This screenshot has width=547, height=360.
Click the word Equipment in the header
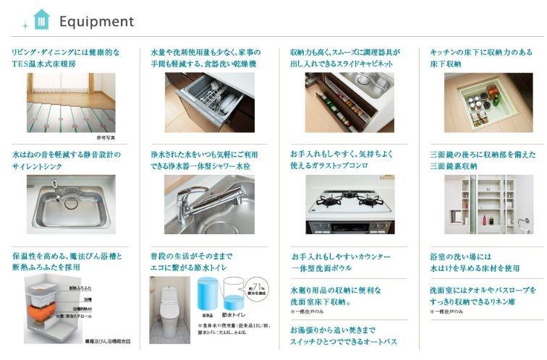coord(96,22)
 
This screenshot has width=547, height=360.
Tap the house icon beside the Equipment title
coord(41,20)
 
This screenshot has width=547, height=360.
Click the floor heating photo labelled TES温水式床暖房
coord(71,102)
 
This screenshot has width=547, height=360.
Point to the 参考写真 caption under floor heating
coord(106,137)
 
